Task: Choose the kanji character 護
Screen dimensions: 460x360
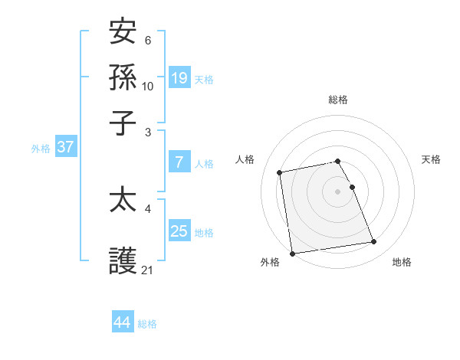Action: [x=123, y=260]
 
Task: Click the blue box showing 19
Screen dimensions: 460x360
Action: [x=179, y=78]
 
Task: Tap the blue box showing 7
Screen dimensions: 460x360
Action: [x=179, y=162]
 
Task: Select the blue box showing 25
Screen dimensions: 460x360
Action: [x=179, y=231]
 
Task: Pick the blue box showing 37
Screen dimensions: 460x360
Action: [x=65, y=148]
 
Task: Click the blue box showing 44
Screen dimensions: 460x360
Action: [x=122, y=322]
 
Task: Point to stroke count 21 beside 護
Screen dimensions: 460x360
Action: [x=148, y=270]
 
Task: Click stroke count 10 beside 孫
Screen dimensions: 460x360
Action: [x=148, y=86]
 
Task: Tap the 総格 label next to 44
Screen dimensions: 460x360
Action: [x=147, y=324]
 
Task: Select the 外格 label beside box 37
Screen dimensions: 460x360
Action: [x=40, y=149]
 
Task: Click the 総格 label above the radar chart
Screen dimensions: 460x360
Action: [x=337, y=100]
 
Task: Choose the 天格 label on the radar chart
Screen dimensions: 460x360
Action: [x=431, y=159]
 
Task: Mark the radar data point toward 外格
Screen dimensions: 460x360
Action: [x=292, y=253]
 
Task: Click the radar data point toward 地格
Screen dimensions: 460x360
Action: [x=374, y=242]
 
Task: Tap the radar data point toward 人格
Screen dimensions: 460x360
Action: [x=280, y=172]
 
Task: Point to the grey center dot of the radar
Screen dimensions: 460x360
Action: [x=337, y=191]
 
